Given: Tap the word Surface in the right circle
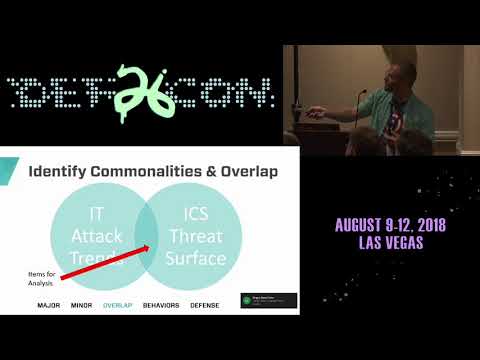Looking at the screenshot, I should pos(197,259).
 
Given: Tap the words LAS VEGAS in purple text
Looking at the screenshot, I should pos(389,244).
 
